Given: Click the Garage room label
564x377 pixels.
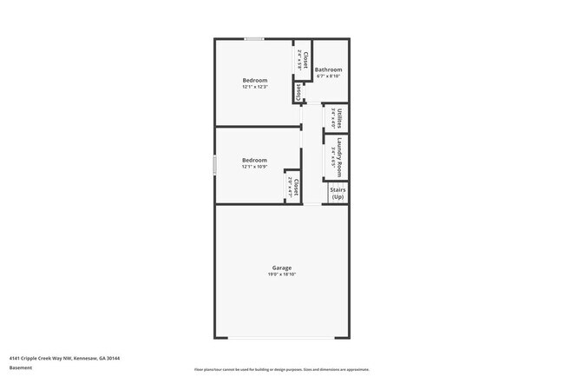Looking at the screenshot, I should [x=281, y=268].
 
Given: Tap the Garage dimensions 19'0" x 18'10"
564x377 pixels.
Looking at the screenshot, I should [x=281, y=274].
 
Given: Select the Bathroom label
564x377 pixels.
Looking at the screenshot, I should [x=328, y=69].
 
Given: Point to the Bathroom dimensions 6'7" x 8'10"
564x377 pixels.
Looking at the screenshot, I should [x=328, y=76].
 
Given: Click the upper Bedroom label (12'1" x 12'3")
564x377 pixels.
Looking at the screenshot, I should [x=254, y=80].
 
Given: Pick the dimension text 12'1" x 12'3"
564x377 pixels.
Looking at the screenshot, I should [x=254, y=87].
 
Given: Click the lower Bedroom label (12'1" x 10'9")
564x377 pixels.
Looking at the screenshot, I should [x=254, y=160].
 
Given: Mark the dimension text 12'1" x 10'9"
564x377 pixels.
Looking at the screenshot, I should [x=254, y=167].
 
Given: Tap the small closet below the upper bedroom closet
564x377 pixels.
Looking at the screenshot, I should [x=298, y=90].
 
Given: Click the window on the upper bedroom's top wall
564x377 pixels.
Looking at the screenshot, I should [x=254, y=39].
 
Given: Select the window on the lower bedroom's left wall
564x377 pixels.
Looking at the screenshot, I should [x=215, y=166].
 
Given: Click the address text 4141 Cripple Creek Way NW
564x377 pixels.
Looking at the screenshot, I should [x=64, y=357].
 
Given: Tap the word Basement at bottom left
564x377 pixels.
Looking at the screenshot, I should [x=21, y=367].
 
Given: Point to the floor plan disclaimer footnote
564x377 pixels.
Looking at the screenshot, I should [x=281, y=368].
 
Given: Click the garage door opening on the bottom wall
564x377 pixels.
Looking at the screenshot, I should [x=281, y=338].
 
